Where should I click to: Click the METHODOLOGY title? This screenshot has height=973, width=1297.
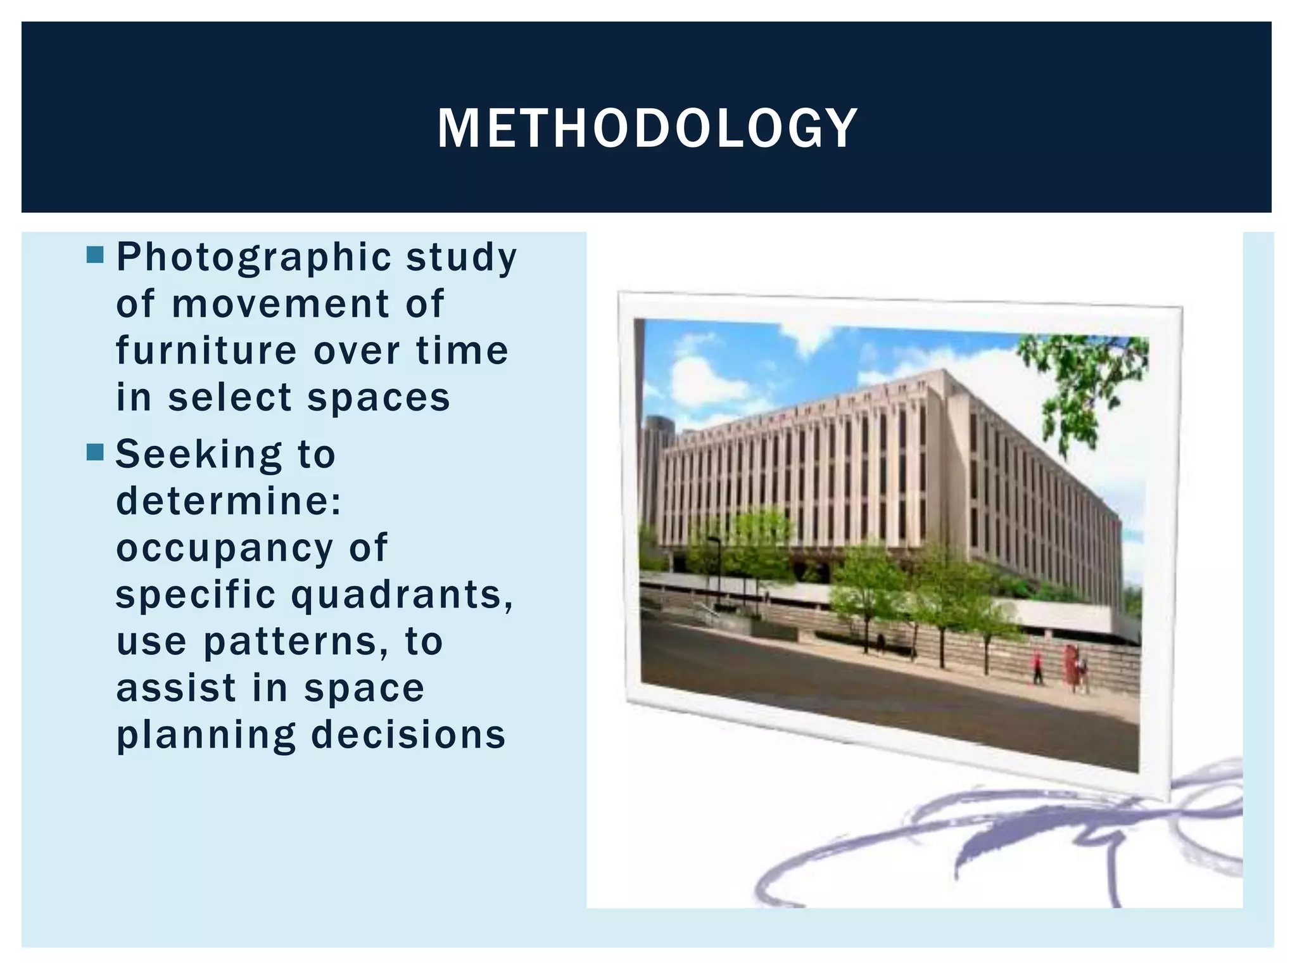pos(647,128)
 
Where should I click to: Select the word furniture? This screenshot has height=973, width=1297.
pos(206,350)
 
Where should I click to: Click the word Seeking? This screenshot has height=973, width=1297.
pos(198,455)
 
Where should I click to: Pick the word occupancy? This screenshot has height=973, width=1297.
pos(224,549)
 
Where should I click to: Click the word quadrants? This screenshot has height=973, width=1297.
pos(402,595)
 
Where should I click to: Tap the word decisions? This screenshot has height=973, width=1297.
pos(408,735)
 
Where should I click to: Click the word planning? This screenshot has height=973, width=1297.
pos(206,736)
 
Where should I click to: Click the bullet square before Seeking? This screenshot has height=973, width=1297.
pos(94,452)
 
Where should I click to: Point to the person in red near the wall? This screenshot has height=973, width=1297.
pos(1037,667)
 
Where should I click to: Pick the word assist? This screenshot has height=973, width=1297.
pos(175,688)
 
